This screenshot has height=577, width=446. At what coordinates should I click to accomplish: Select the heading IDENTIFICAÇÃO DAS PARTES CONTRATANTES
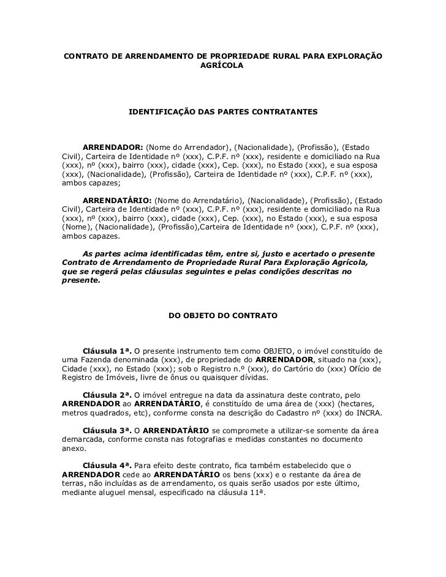(223, 113)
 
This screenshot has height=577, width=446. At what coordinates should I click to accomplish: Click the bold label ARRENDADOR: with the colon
(113, 148)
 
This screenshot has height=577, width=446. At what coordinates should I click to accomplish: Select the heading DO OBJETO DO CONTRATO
(223, 316)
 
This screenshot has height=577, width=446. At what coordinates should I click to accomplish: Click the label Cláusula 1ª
(107, 351)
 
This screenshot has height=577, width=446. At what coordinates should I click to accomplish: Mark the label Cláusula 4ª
(107, 466)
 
